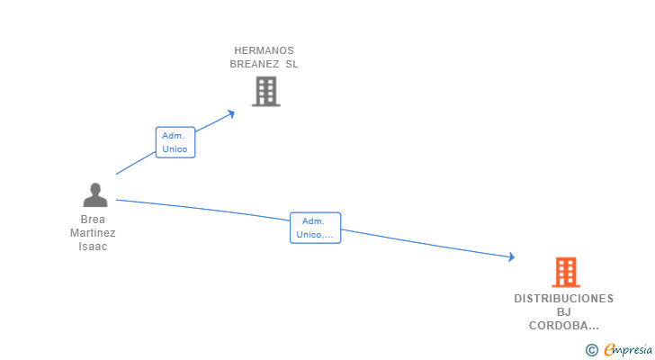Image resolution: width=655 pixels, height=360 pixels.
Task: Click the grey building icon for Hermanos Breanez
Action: [265, 91]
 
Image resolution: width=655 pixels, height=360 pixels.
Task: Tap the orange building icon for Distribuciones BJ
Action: [565, 272]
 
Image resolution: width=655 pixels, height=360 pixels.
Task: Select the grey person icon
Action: [94, 194]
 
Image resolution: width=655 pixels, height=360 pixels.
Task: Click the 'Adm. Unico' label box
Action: [175, 142]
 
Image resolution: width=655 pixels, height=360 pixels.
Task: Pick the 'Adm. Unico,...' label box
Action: [315, 228]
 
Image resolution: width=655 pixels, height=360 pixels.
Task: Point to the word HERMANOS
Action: [264, 50]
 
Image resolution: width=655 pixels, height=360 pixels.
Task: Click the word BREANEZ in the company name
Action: [255, 64]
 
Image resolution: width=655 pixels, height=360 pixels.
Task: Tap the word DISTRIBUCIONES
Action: [564, 298]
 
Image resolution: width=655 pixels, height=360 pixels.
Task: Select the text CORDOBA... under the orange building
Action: [564, 327]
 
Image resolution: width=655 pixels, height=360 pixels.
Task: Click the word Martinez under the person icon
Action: [93, 233]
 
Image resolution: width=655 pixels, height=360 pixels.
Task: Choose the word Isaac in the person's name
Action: [93, 247]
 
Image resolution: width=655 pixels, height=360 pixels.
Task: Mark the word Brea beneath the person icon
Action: [93, 220]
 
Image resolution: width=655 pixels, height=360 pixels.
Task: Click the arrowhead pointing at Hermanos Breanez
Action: [231, 113]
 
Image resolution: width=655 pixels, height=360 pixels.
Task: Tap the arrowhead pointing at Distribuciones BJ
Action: [511, 257]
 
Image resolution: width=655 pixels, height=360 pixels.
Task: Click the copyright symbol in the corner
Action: [591, 350]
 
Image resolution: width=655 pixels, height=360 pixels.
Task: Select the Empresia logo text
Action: [625, 350]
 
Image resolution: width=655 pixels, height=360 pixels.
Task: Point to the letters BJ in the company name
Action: [564, 312]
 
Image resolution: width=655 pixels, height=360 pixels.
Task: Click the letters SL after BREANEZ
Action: [292, 64]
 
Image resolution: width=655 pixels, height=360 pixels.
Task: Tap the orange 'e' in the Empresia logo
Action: [609, 350]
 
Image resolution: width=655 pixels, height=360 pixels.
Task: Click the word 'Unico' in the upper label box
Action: [175, 149]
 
